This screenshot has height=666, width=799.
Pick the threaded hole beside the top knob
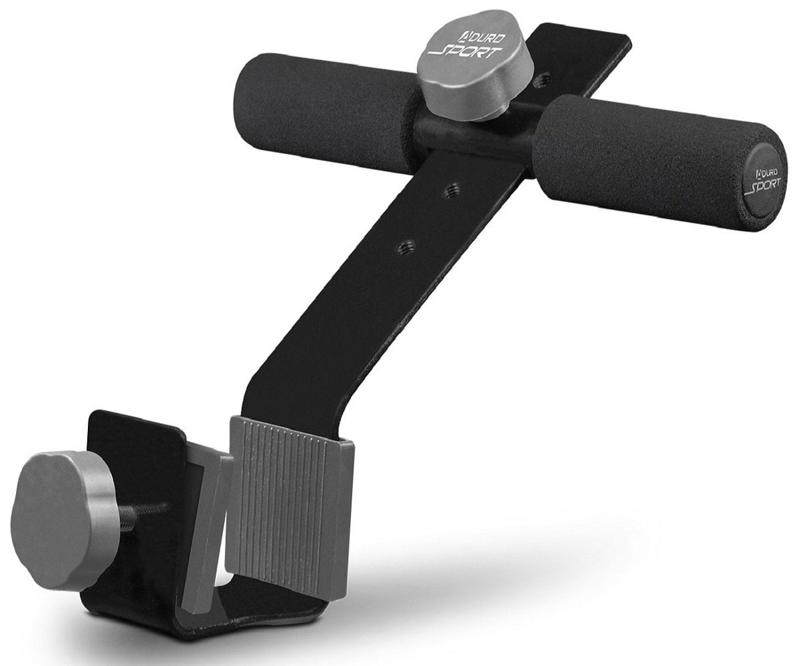coord(543,80)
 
